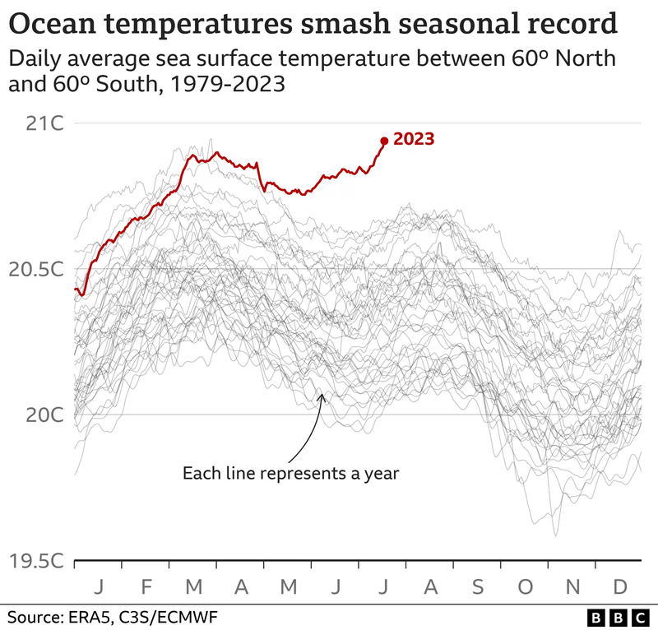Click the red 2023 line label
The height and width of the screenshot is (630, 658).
click(x=414, y=139)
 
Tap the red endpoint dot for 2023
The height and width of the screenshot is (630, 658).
click(x=384, y=141)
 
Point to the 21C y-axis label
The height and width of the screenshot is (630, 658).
click(x=44, y=124)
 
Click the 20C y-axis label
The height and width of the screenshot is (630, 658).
click(x=44, y=415)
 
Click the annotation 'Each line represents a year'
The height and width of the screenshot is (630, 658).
click(x=290, y=473)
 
